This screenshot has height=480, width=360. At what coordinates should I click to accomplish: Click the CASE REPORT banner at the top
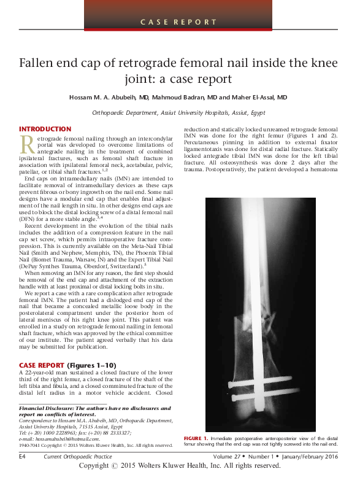click(x=180, y=22)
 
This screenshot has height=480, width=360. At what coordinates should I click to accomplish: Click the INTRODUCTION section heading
click(x=45, y=129)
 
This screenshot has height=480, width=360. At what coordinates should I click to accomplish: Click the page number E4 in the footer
click(x=23, y=457)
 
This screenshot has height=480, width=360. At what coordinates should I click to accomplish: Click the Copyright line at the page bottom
click(x=180, y=466)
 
